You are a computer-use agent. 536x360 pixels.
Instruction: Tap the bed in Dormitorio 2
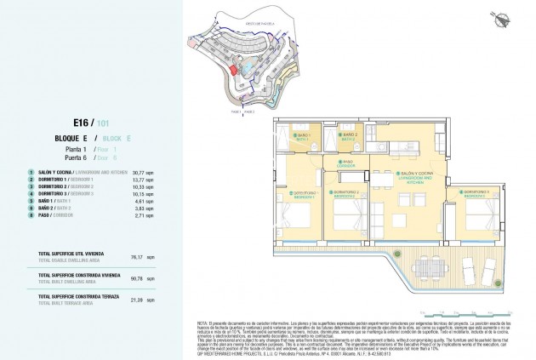tap(347, 224)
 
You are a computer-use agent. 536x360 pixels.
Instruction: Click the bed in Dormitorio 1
tap(303, 226)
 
